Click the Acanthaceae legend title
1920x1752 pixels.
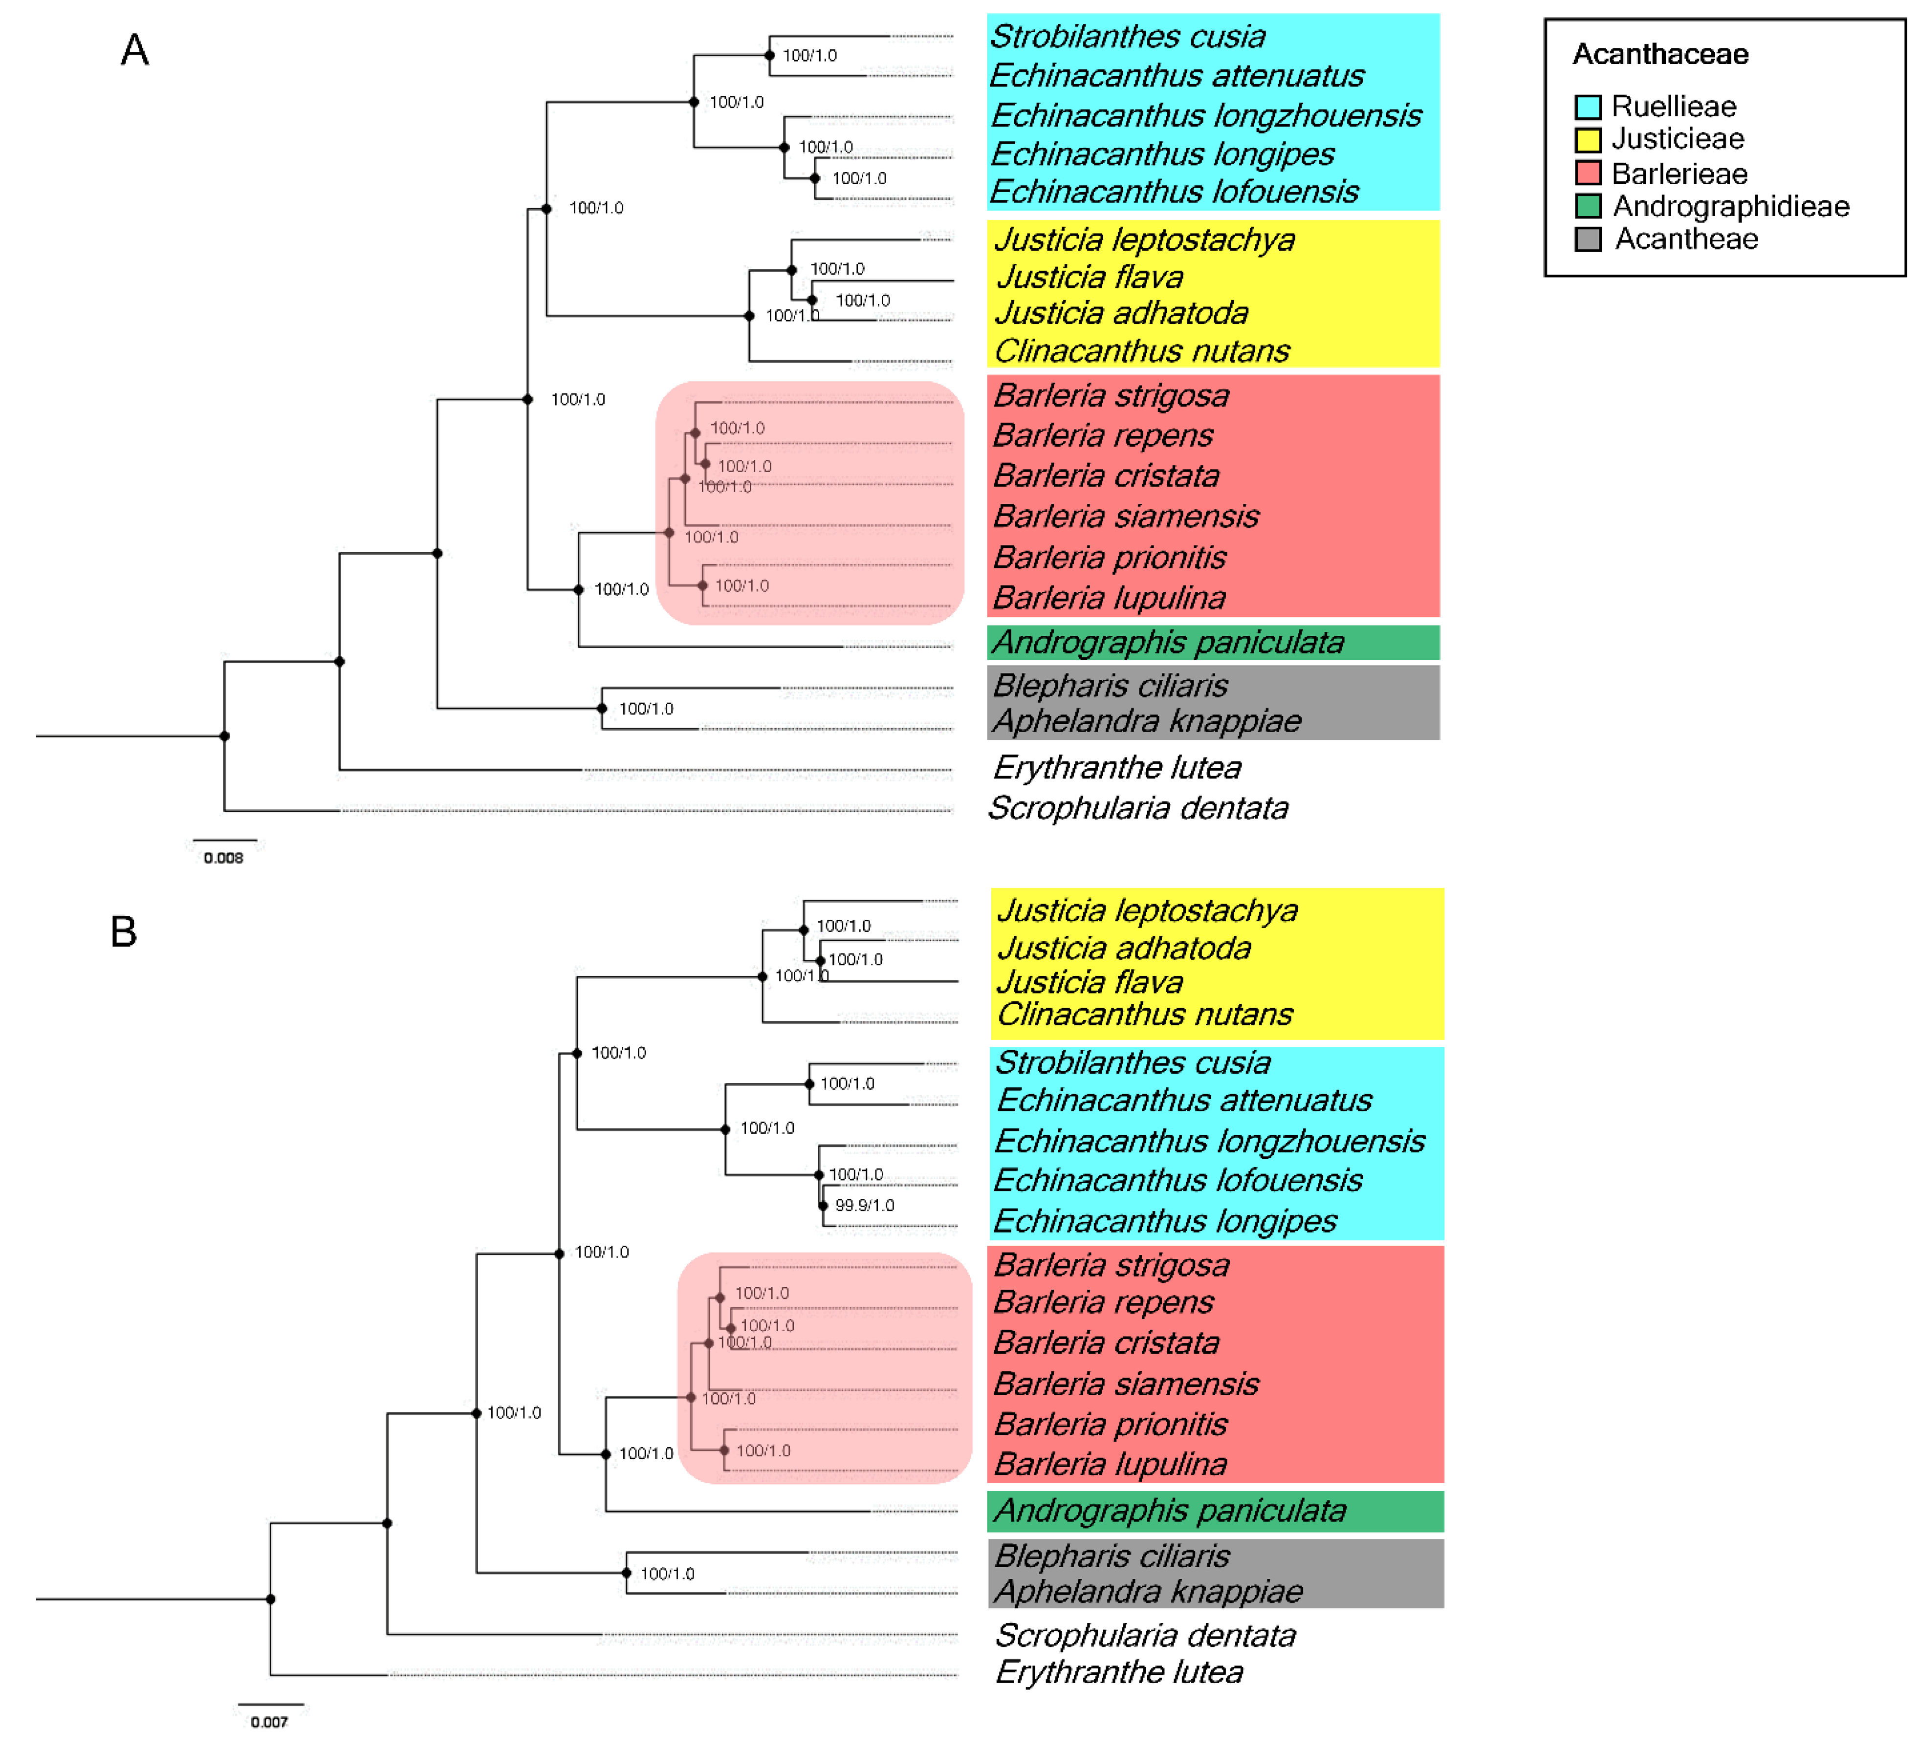tap(1660, 54)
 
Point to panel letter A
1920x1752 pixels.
tap(134, 49)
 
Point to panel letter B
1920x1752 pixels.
tap(124, 931)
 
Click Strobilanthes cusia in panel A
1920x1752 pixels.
tap(1128, 36)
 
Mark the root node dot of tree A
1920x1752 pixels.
tap(225, 736)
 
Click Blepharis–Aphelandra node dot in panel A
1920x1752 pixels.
tap(602, 709)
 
